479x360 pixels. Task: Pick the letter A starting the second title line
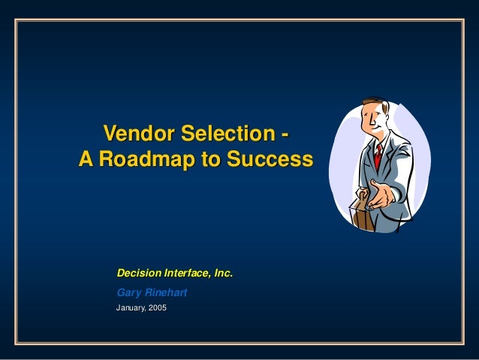tap(85, 159)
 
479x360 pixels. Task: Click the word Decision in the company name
tap(137, 274)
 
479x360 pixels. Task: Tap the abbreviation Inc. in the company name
tap(223, 274)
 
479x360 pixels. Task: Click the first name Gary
tap(128, 292)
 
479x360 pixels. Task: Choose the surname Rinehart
tap(166, 292)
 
